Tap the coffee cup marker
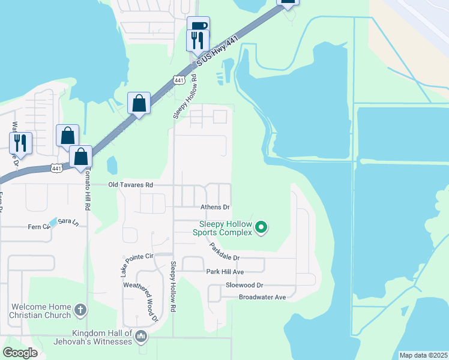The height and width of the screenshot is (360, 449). [x=198, y=26]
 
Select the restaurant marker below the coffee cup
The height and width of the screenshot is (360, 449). [x=198, y=40]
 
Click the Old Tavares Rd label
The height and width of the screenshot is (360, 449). [x=130, y=185]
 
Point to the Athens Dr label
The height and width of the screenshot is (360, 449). [x=214, y=207]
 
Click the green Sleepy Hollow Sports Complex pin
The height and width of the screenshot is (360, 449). [x=261, y=227]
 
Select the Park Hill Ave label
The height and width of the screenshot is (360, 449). [x=225, y=272]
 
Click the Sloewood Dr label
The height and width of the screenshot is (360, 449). [x=243, y=286]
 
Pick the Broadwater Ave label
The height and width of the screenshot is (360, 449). [x=263, y=297]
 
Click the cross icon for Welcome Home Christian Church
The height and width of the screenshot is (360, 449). [x=80, y=311]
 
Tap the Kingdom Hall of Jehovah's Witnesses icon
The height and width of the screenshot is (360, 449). [x=142, y=336]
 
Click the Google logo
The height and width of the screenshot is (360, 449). [x=20, y=353]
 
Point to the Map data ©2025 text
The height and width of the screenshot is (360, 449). [x=423, y=355]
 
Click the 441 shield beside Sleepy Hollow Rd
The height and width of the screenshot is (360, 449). [x=178, y=80]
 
